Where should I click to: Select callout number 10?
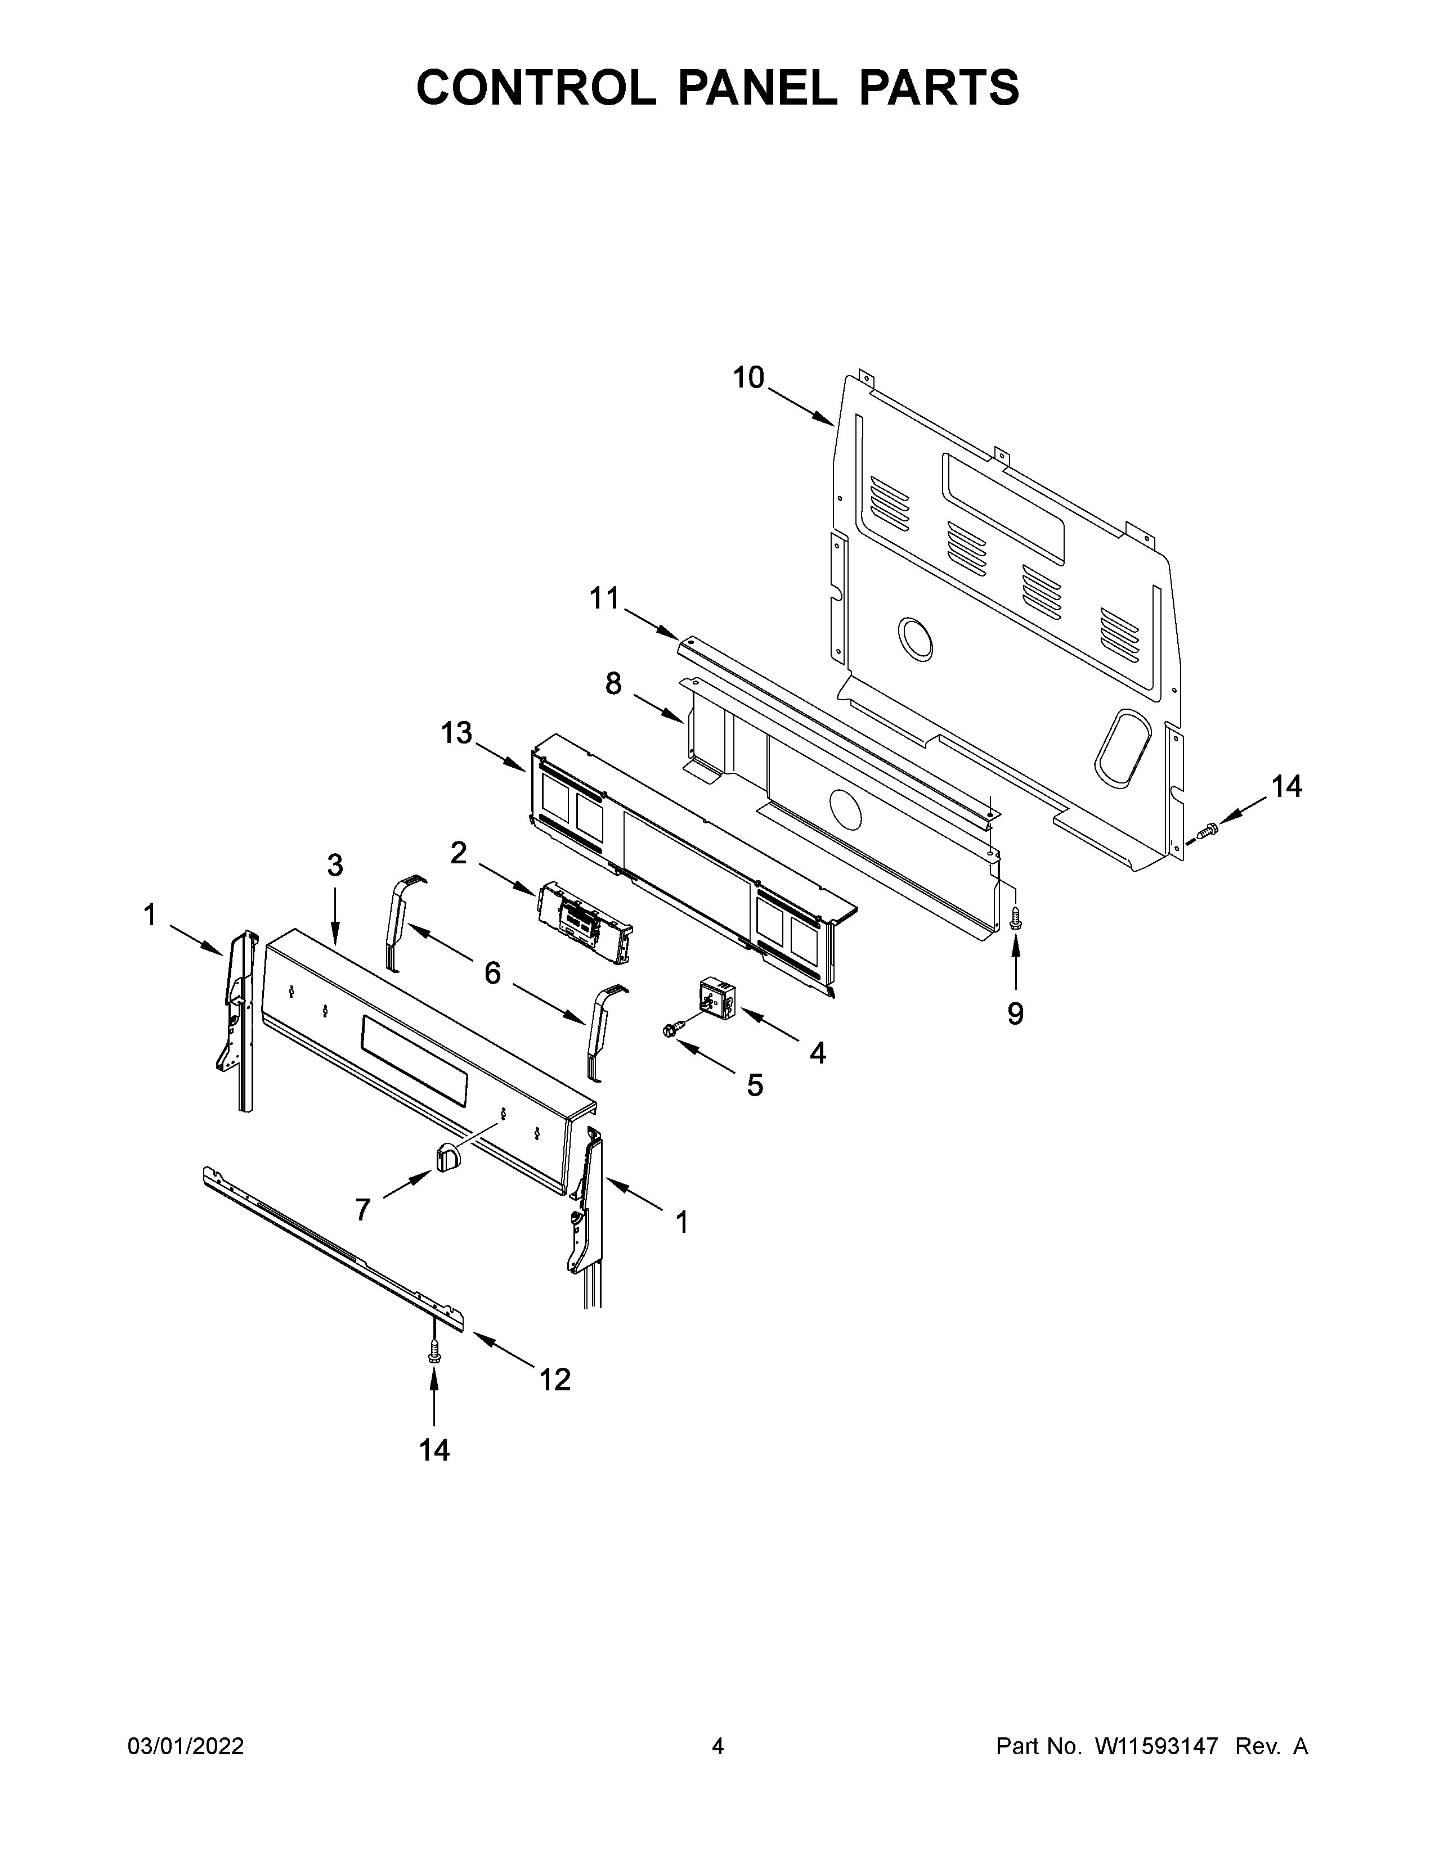(748, 377)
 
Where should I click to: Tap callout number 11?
(606, 598)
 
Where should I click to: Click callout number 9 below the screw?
(1016, 1013)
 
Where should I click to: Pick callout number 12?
(554, 1379)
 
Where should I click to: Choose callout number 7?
(363, 1209)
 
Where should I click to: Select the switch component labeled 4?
(715, 995)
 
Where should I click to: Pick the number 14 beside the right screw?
(1286, 787)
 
